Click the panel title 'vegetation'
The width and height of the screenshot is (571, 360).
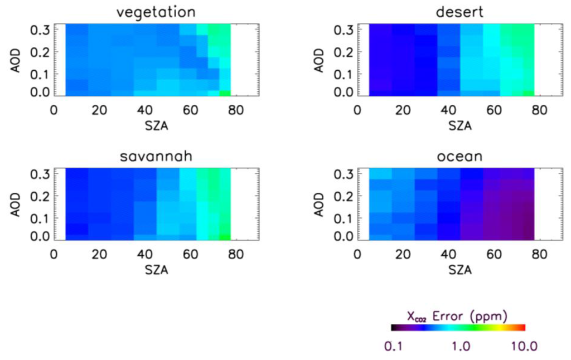pyautogui.click(x=156, y=12)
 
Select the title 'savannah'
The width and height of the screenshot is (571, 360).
pyautogui.click(x=156, y=157)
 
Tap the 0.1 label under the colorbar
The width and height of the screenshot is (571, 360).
pyautogui.click(x=397, y=346)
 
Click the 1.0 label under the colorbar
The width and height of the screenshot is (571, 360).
pyautogui.click(x=461, y=346)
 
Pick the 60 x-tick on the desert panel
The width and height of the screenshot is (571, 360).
pyautogui.click(x=493, y=110)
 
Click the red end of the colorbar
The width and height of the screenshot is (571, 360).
pyautogui.click(x=522, y=328)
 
